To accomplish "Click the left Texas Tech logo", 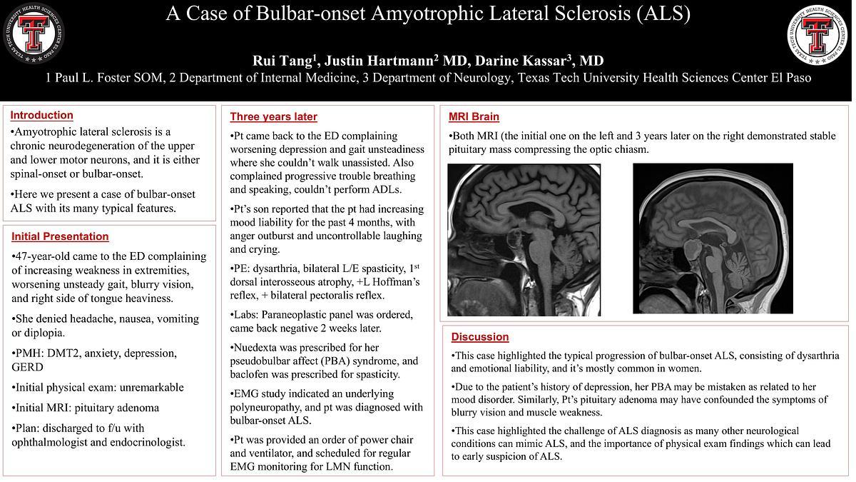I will coord(33,33).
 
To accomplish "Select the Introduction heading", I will coord(41,115).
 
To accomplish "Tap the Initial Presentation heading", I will coord(60,236).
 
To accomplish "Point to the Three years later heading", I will coord(273,116).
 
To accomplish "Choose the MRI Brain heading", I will coord(474,116).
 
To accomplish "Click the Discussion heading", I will coord(479,336).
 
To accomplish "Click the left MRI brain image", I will coord(524,239).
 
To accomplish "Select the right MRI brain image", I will coord(713,239).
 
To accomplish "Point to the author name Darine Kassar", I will coord(529,61).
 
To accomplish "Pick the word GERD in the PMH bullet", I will coord(27,367).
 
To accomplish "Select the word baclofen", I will coord(251,374).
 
